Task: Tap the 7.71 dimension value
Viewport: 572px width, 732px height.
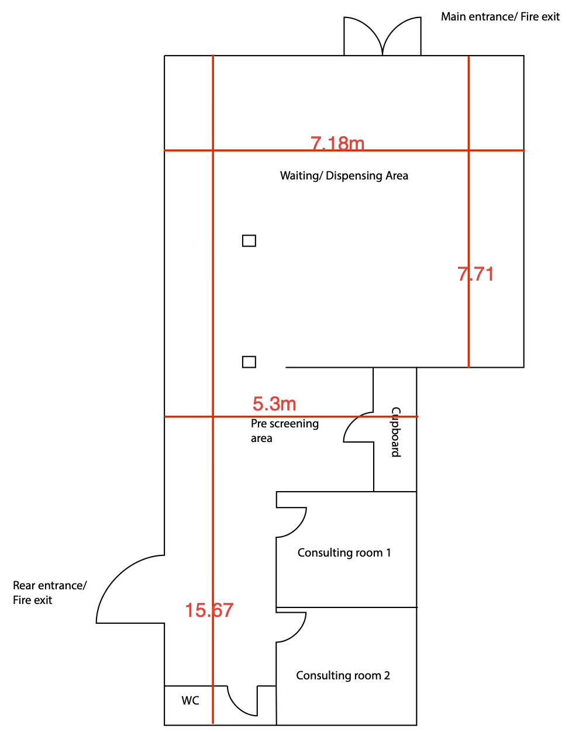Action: click(x=475, y=274)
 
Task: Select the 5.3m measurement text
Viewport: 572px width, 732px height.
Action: click(x=274, y=403)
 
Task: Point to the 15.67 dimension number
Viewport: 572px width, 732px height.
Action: click(x=209, y=610)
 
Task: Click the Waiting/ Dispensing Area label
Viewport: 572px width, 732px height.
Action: click(x=344, y=175)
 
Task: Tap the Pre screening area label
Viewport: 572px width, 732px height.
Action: click(x=285, y=431)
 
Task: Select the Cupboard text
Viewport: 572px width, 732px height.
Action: click(x=396, y=432)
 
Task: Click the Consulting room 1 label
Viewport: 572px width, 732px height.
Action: click(x=344, y=553)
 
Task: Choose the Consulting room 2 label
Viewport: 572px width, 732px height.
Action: click(x=343, y=675)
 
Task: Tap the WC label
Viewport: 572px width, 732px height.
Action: click(x=190, y=700)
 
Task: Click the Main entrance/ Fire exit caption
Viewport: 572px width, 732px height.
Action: click(x=500, y=16)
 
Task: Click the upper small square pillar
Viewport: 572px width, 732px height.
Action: click(x=249, y=241)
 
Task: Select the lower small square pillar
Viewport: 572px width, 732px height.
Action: click(x=249, y=362)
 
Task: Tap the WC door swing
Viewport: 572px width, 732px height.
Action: click(x=236, y=706)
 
